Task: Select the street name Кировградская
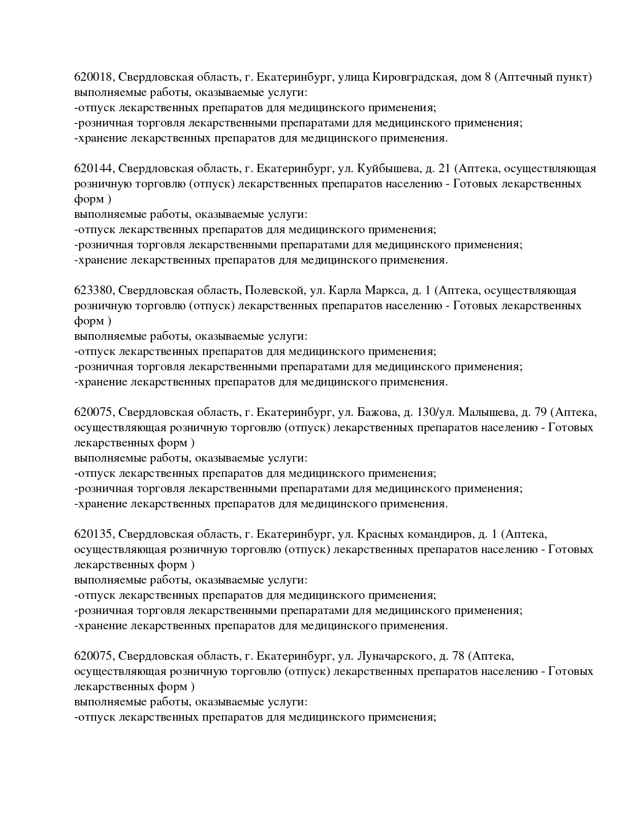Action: pos(413,77)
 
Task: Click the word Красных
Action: pos(381,534)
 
